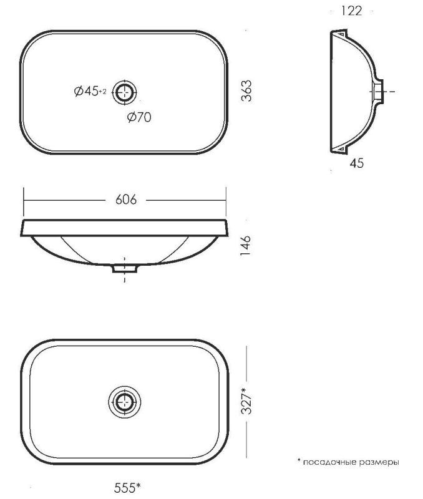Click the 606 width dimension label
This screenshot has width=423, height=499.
pyautogui.click(x=126, y=200)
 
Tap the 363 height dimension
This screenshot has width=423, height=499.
pyautogui.click(x=246, y=90)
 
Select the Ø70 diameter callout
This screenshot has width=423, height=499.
pyautogui.click(x=139, y=117)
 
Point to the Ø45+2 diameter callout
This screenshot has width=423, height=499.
pyautogui.click(x=90, y=91)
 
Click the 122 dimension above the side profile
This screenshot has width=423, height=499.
pyautogui.click(x=352, y=11)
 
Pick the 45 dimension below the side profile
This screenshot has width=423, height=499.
pyautogui.click(x=356, y=163)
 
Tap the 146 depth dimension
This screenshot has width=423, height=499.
pyautogui.click(x=246, y=246)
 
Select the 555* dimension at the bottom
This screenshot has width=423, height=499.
pyautogui.click(x=127, y=487)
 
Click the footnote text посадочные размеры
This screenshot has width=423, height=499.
pyautogui.click(x=351, y=462)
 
